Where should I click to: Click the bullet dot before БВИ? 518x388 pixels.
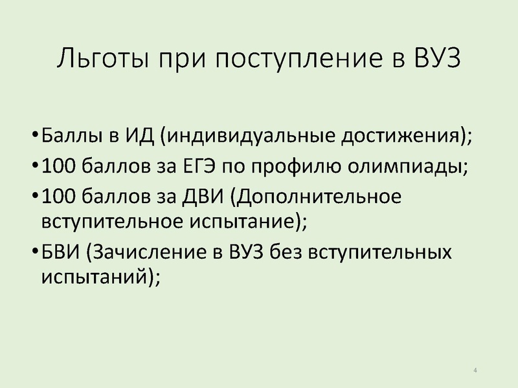[35, 251]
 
